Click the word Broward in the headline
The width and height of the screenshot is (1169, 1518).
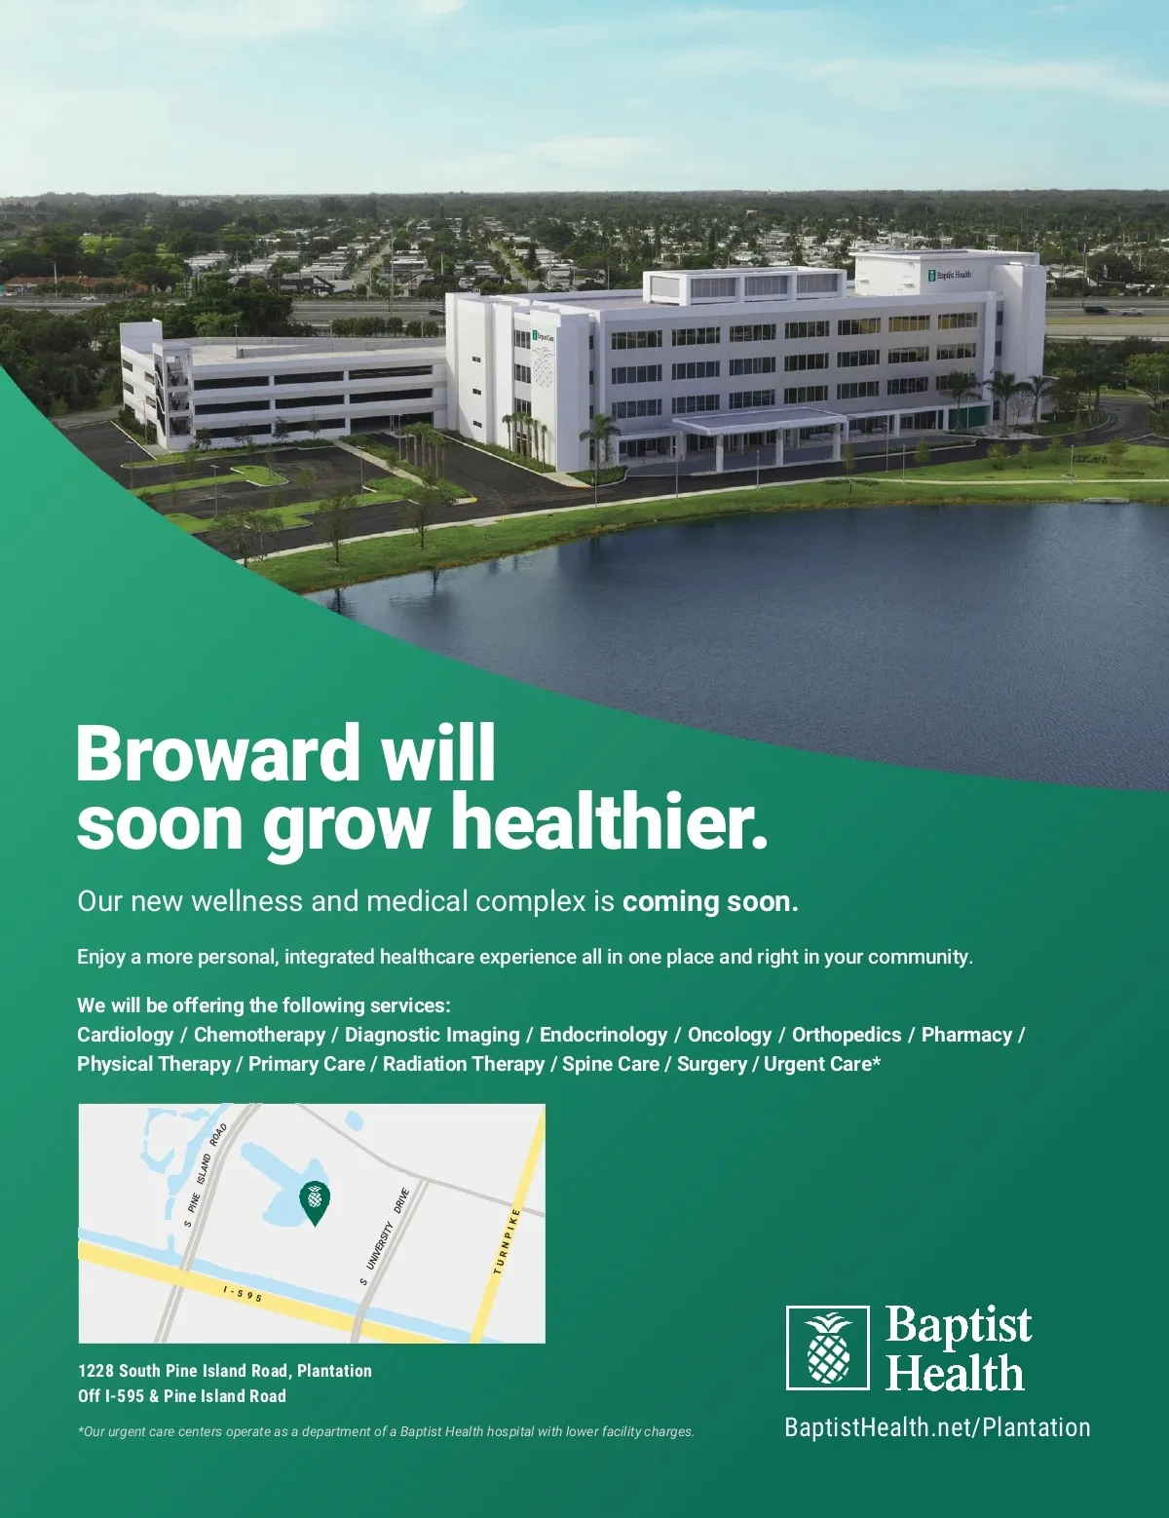pyautogui.click(x=215, y=753)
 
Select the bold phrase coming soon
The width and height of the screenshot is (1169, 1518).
pyautogui.click(x=710, y=902)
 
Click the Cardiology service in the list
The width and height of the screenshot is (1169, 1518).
pyautogui.click(x=125, y=1035)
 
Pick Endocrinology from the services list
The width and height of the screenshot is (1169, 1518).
pyautogui.click(x=603, y=1035)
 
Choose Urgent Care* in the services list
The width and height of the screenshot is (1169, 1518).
pyautogui.click(x=822, y=1064)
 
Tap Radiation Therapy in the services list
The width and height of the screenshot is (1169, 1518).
pyautogui.click(x=464, y=1064)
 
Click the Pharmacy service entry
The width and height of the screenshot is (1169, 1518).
pyautogui.click(x=966, y=1035)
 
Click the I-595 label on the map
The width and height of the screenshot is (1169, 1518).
pyautogui.click(x=243, y=1294)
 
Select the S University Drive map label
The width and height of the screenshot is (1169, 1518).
pyautogui.click(x=384, y=1235)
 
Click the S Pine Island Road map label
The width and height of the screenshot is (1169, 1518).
pyautogui.click(x=206, y=1174)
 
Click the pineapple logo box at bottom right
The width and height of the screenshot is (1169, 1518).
pyautogui.click(x=827, y=1347)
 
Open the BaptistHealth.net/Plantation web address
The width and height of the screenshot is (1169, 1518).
pyautogui.click(x=937, y=1427)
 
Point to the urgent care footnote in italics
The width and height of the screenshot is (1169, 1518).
pyautogui.click(x=386, y=1431)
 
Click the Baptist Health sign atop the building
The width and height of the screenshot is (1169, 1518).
pyautogui.click(x=949, y=275)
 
